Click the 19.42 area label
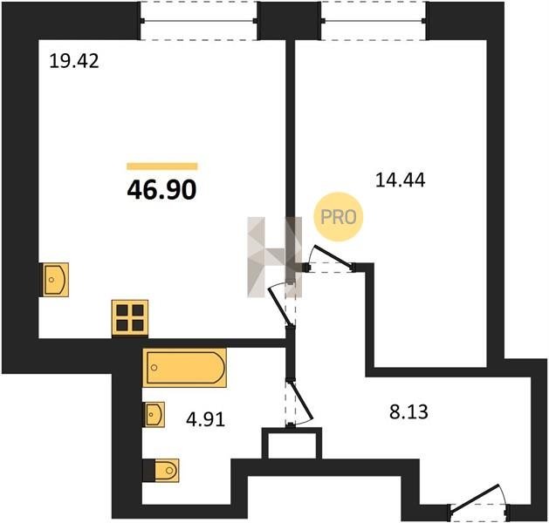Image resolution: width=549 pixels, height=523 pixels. tap(74, 61)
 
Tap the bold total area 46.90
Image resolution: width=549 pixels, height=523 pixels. tap(161, 191)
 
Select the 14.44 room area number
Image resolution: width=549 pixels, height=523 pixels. tap(401, 180)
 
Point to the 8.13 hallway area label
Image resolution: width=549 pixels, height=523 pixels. tap(408, 411)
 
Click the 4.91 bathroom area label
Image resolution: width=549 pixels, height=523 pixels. tap(205, 419)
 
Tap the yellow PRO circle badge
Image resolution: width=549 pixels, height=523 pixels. tap(339, 217)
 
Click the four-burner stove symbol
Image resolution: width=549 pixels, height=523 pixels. tap(130, 318)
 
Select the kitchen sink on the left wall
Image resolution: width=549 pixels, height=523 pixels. tap(55, 280)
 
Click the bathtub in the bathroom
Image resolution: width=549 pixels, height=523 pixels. tap(184, 368)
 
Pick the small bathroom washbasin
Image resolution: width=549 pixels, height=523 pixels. tap(154, 414)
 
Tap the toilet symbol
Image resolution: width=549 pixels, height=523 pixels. tap(161, 470)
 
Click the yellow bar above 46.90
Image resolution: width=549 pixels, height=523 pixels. tap(162, 166)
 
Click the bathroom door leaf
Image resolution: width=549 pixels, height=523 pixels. tap(300, 401)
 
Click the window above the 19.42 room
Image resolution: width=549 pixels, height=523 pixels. tap(199, 21)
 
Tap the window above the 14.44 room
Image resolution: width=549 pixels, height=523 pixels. tap(374, 21)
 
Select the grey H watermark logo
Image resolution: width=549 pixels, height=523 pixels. tap(274, 257)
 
